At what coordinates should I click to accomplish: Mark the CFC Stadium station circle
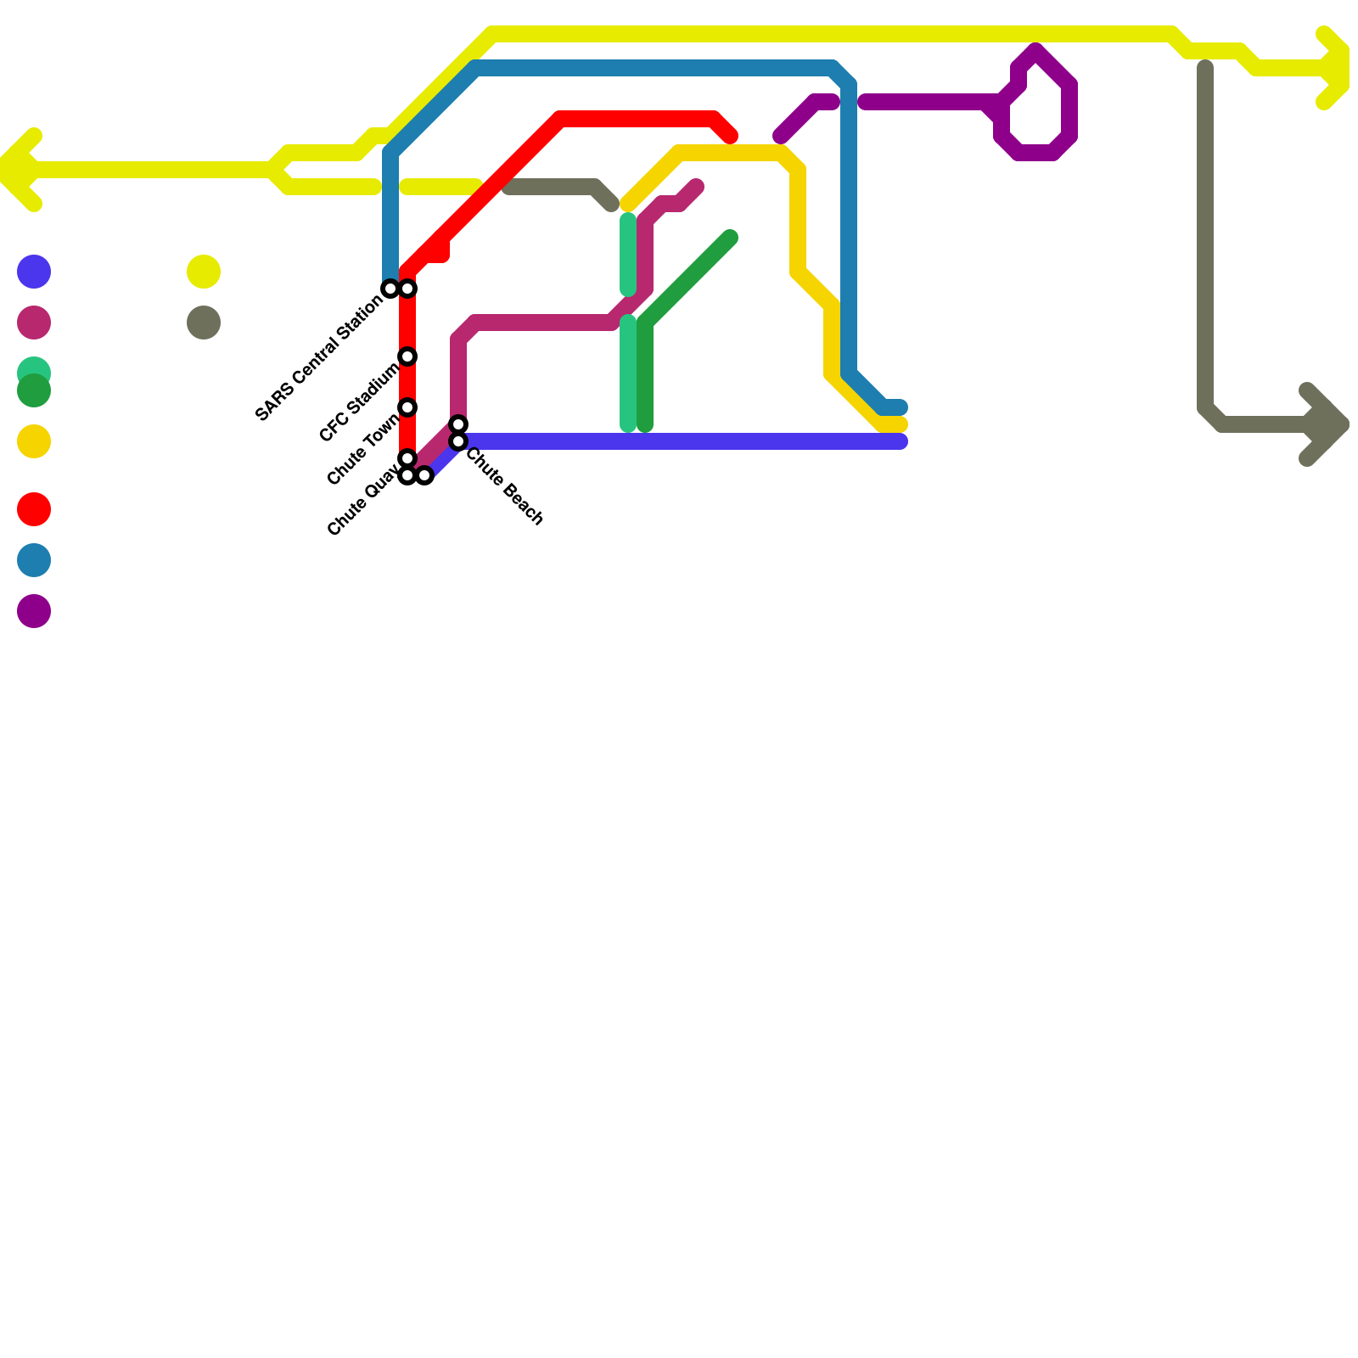click(x=407, y=356)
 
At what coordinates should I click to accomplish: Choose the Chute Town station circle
click(x=407, y=407)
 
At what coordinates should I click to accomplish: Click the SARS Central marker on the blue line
click(x=390, y=289)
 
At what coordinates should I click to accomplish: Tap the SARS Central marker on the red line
click(x=407, y=289)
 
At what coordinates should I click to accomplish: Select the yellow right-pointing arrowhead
click(x=1337, y=68)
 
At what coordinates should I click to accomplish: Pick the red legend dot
click(x=34, y=509)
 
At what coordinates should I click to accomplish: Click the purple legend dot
click(x=34, y=611)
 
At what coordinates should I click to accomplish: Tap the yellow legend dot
click(x=204, y=272)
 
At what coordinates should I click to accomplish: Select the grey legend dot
click(x=204, y=323)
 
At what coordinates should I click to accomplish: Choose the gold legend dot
click(x=34, y=441)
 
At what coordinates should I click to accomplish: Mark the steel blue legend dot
click(x=34, y=560)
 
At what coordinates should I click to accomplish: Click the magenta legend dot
click(x=34, y=323)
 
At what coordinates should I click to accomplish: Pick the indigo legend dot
click(x=34, y=272)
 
